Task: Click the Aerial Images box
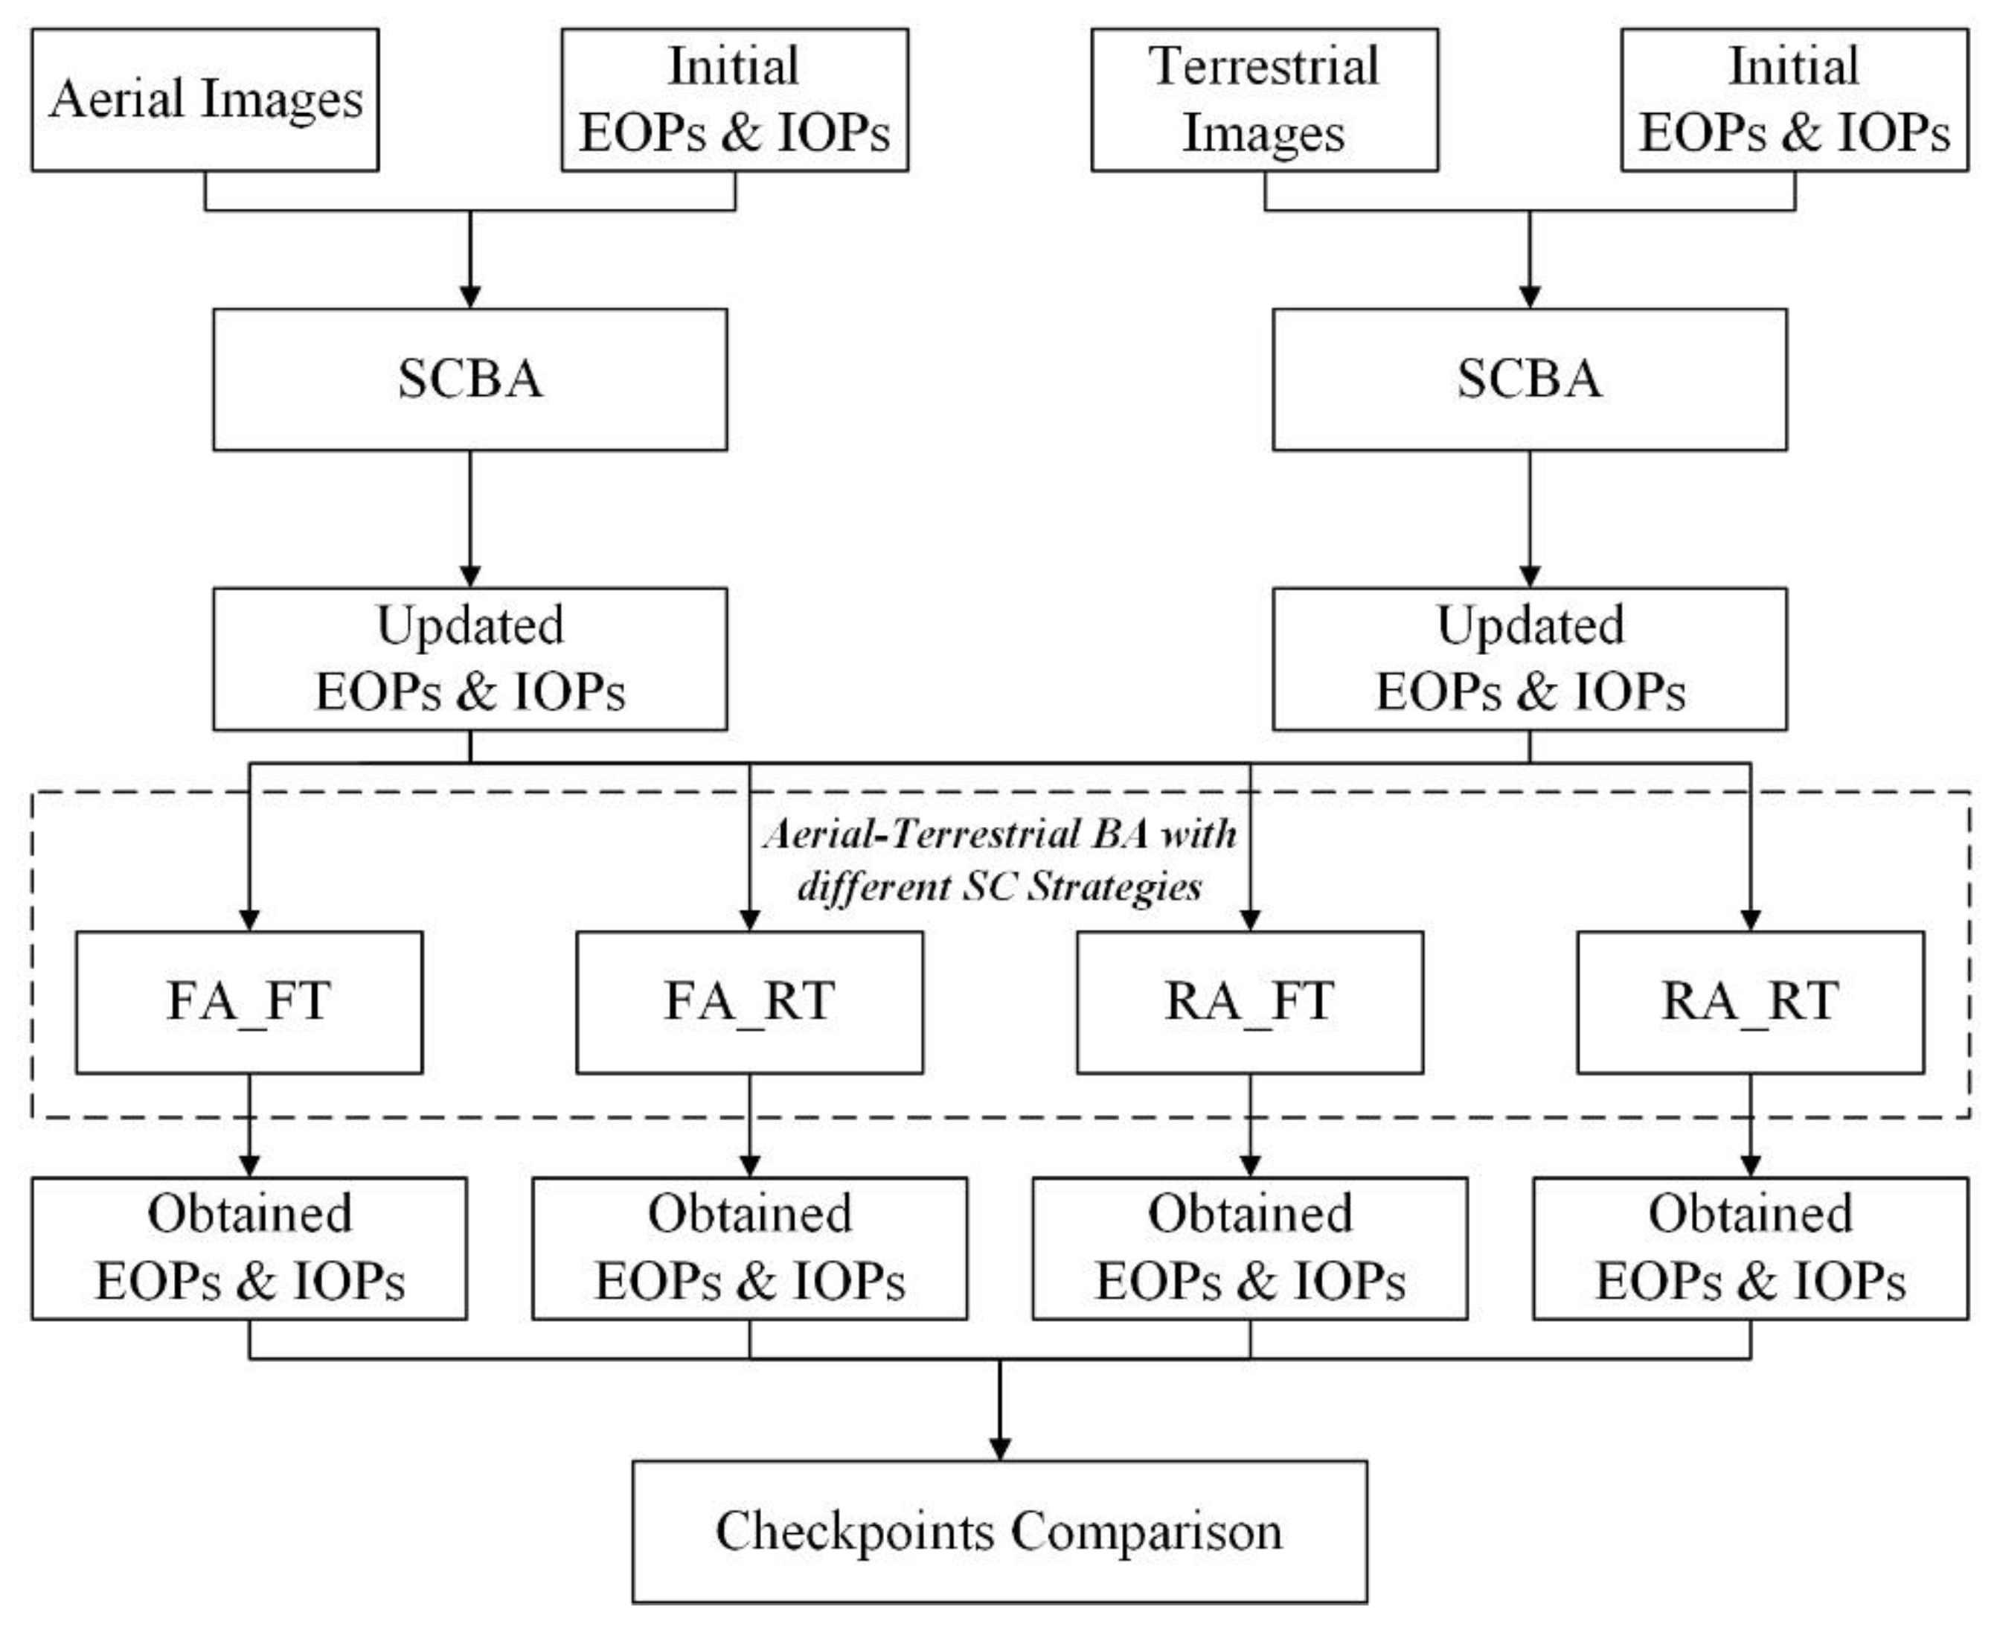[x=205, y=100]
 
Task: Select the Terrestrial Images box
[x=1264, y=100]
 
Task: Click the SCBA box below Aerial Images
[x=469, y=380]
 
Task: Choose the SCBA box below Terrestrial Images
[x=1529, y=380]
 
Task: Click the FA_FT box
[x=249, y=1002]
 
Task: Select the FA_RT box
[x=749, y=1002]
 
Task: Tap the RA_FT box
[x=1249, y=1002]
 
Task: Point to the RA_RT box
[x=1750, y=1002]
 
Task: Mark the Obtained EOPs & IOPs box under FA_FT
[x=249, y=1248]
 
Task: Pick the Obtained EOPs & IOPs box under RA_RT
[x=1750, y=1248]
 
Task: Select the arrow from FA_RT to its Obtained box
[x=749, y=1127]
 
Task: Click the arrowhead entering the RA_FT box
[x=1249, y=919]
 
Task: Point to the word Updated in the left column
[x=470, y=625]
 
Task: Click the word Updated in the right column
[x=1530, y=625]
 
